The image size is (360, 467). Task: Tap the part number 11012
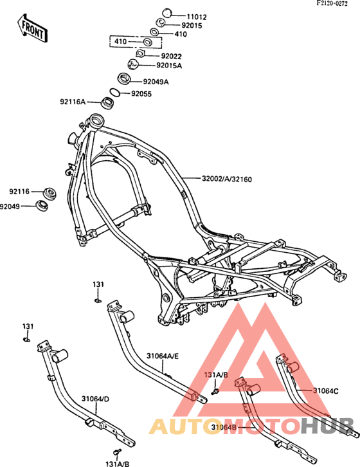[197, 17]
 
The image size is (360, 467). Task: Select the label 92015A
[169, 66]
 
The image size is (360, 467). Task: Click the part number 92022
[171, 57]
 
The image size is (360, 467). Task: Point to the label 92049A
[156, 82]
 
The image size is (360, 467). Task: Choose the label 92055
[141, 94]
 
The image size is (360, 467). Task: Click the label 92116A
[73, 102]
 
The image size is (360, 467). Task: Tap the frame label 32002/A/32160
[226, 179]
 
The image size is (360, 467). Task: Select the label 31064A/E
[163, 356]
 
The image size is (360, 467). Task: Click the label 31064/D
[96, 399]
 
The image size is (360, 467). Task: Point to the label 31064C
[325, 390]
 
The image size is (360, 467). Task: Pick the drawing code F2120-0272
[332, 4]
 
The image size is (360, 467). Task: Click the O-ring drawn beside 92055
[115, 93]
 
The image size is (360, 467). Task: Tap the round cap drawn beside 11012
[167, 14]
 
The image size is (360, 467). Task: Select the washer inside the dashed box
[147, 42]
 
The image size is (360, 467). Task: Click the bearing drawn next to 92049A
[124, 78]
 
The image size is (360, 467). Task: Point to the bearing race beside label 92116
[50, 194]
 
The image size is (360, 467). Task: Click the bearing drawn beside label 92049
[42, 206]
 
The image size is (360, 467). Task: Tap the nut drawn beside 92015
[161, 23]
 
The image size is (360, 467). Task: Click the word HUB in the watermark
[327, 426]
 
